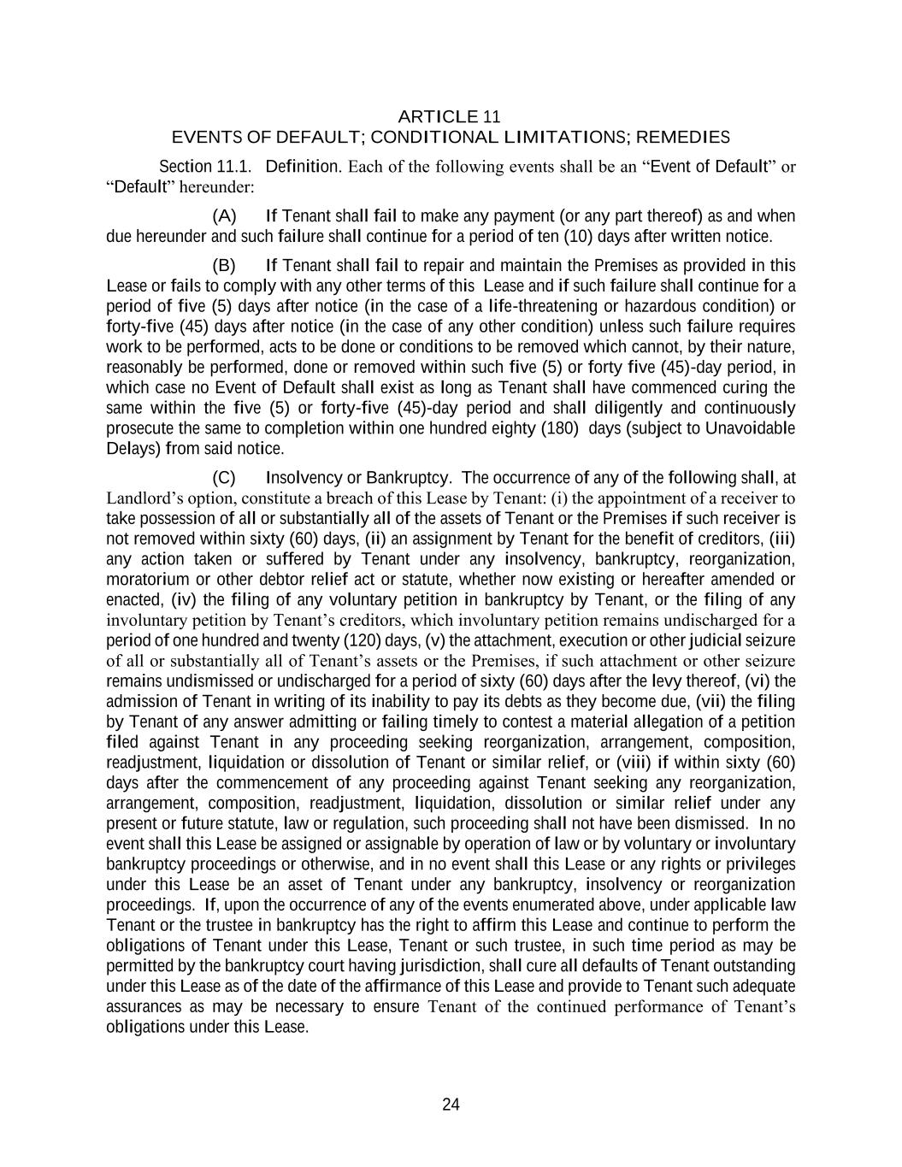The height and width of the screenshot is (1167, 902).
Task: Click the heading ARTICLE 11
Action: (x=450, y=116)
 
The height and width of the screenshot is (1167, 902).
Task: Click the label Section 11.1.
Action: (x=205, y=166)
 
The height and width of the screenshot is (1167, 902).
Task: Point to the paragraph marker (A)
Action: (x=224, y=216)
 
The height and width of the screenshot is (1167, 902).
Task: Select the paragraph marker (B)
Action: (x=224, y=266)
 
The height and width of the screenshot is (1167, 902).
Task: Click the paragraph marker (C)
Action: (x=224, y=478)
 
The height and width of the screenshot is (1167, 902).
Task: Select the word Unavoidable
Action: (x=750, y=428)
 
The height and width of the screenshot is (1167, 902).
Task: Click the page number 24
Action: (x=451, y=1105)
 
